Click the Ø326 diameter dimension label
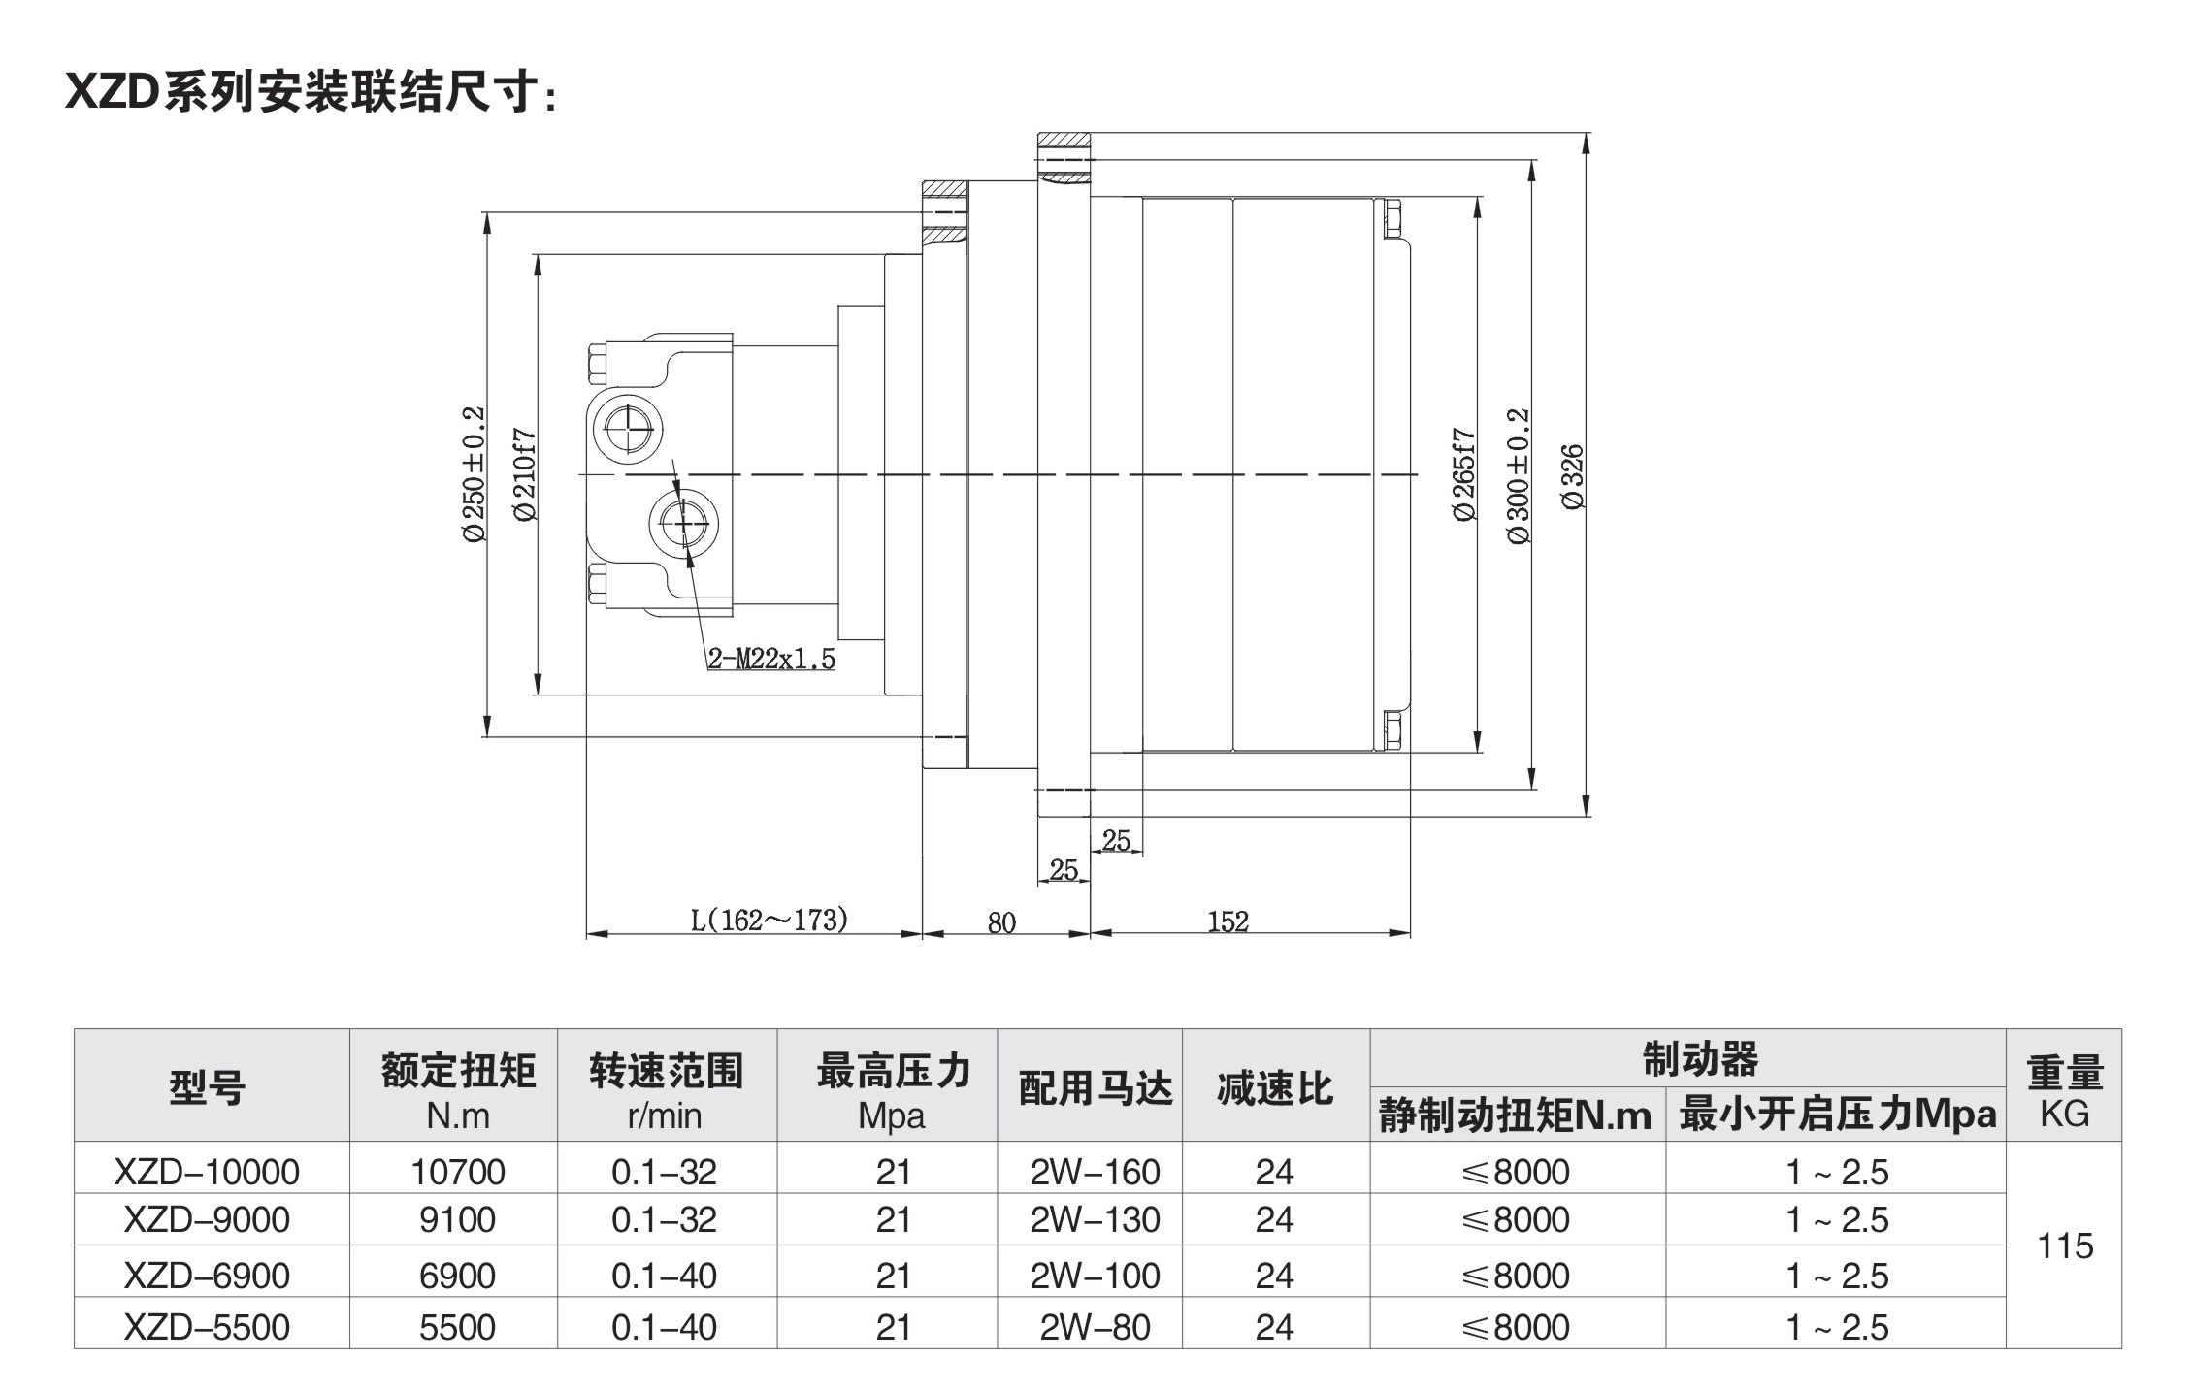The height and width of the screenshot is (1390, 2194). click(1572, 476)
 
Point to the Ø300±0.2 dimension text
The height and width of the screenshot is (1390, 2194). click(1519, 476)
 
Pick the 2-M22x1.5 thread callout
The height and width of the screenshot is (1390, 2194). click(771, 660)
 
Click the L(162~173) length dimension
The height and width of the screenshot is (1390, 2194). click(770, 920)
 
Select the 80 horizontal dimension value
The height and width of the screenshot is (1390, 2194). click(1001, 922)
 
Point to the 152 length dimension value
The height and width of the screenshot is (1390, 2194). click(1228, 921)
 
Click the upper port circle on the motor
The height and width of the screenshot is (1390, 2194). click(629, 427)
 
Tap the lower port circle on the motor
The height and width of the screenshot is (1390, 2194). click(685, 522)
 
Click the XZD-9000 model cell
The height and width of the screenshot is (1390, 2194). click(207, 1219)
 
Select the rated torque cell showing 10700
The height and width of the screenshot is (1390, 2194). click(457, 1172)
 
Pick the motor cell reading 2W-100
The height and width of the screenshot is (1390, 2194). click(1095, 1275)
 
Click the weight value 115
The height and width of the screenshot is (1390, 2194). click(2065, 1245)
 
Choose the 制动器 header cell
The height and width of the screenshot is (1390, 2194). click(1700, 1058)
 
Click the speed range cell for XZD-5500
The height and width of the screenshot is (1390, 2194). click(665, 1327)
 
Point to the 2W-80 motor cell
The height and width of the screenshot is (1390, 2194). click(1095, 1327)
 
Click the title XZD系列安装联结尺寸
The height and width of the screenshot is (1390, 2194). click(311, 93)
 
